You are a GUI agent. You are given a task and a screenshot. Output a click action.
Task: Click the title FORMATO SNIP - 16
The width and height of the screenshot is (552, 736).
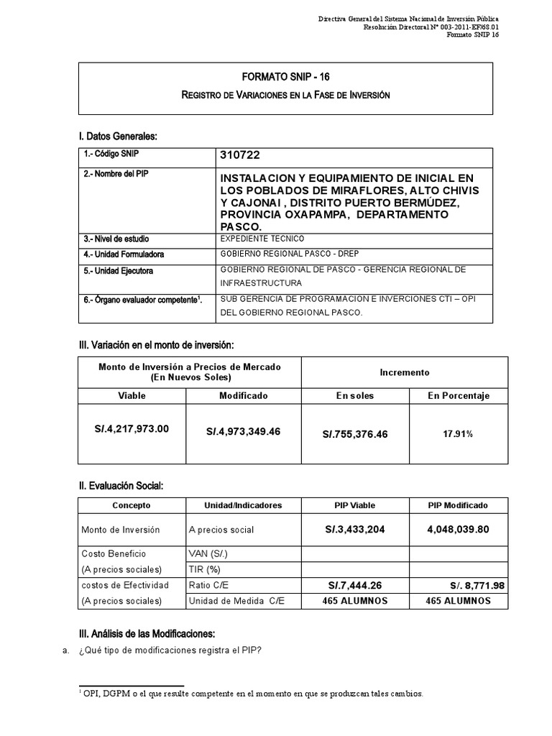285,76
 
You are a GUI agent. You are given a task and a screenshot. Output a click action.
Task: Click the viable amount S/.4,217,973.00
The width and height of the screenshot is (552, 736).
137,429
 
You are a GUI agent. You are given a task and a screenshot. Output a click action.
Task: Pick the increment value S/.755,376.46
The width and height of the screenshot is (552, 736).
355,434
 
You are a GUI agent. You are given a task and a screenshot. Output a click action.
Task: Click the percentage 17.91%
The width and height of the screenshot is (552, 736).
458,434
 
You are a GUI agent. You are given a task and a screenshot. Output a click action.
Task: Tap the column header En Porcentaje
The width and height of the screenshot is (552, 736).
458,395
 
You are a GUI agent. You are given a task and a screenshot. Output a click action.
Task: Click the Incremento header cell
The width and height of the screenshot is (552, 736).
404,372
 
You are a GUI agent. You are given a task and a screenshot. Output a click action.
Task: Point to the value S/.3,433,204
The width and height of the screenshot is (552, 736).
355,529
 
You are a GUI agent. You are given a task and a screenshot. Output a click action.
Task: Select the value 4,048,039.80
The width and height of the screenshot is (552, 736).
458,529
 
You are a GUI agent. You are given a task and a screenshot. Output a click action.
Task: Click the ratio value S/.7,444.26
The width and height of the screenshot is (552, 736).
355,586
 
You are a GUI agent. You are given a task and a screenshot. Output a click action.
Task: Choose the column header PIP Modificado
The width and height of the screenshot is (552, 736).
458,505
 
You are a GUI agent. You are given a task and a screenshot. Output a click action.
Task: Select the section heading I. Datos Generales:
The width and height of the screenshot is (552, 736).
117,137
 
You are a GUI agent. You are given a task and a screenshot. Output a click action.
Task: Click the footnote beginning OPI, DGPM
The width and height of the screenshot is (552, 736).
250,695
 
